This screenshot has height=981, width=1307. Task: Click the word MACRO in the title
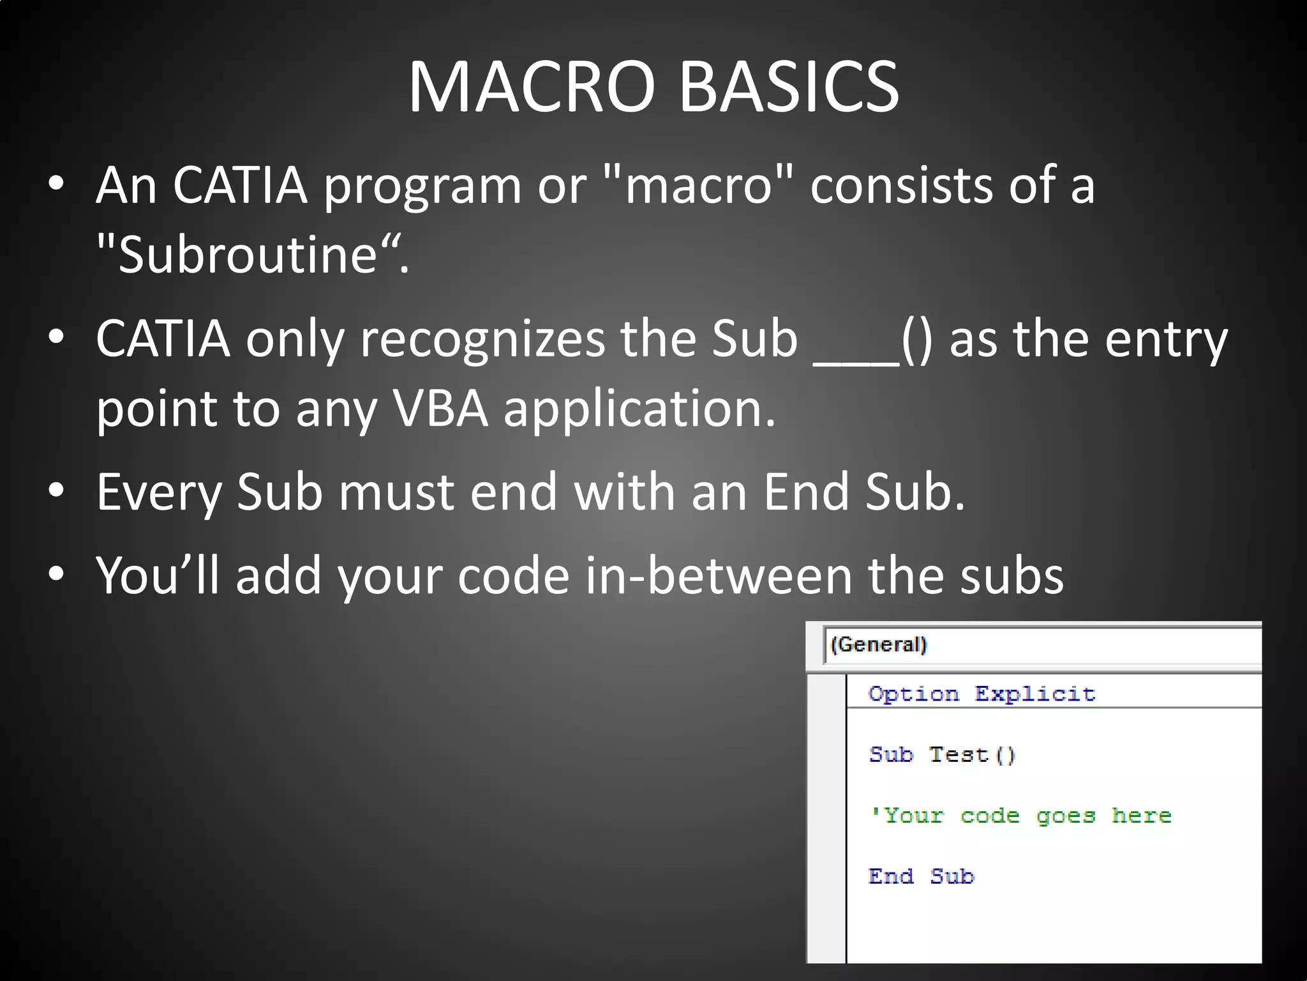click(x=532, y=87)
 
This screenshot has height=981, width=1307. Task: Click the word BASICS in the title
click(x=789, y=87)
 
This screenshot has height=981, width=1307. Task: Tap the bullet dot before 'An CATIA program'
click(x=56, y=184)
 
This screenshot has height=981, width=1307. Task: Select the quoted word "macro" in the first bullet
click(x=698, y=185)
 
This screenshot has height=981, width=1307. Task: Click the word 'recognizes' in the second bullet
click(x=482, y=339)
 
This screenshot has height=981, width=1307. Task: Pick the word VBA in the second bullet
click(x=440, y=408)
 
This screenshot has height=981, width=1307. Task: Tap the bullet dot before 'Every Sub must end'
click(x=56, y=490)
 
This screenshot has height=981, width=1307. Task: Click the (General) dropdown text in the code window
click(x=878, y=644)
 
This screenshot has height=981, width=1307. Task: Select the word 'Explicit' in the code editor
click(x=1034, y=694)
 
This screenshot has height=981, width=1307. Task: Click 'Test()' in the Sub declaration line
click(x=971, y=755)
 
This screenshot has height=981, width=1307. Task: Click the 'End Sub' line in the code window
click(x=921, y=876)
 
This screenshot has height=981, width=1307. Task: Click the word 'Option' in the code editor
click(x=913, y=694)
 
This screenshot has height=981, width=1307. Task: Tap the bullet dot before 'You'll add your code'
click(x=56, y=574)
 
